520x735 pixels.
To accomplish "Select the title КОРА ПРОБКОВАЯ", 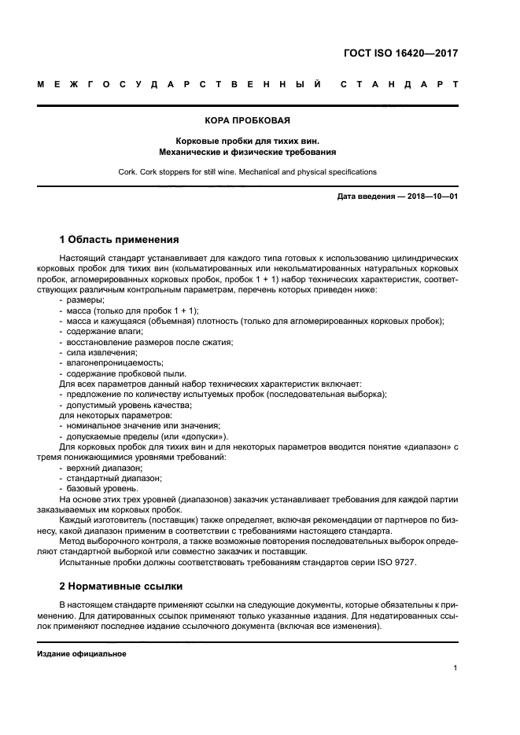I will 248,121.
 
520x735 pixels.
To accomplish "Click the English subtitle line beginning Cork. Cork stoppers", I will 248,171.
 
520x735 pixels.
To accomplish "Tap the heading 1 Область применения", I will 120,239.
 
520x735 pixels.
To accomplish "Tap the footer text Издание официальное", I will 82,654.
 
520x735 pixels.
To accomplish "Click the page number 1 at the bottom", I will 455,668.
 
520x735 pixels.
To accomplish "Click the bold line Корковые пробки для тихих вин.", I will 248,140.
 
